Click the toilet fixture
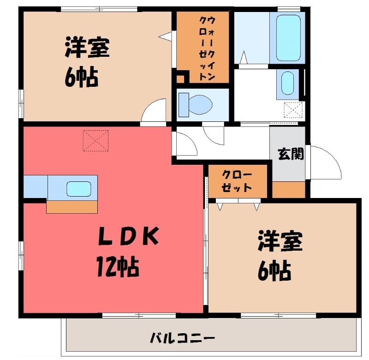tap(195, 105)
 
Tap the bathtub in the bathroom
tap(288, 38)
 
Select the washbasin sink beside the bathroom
tap(287, 84)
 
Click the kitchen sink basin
tap(79, 189)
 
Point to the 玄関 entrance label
tap(291, 154)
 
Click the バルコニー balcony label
tap(182, 339)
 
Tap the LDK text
tap(128, 236)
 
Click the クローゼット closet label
tap(237, 181)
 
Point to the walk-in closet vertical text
tap(207, 49)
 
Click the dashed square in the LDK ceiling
tap(95, 141)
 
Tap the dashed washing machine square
tap(293, 110)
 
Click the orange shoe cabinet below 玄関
tap(289, 190)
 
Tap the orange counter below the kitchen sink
tap(72, 207)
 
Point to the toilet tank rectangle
tap(184, 105)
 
